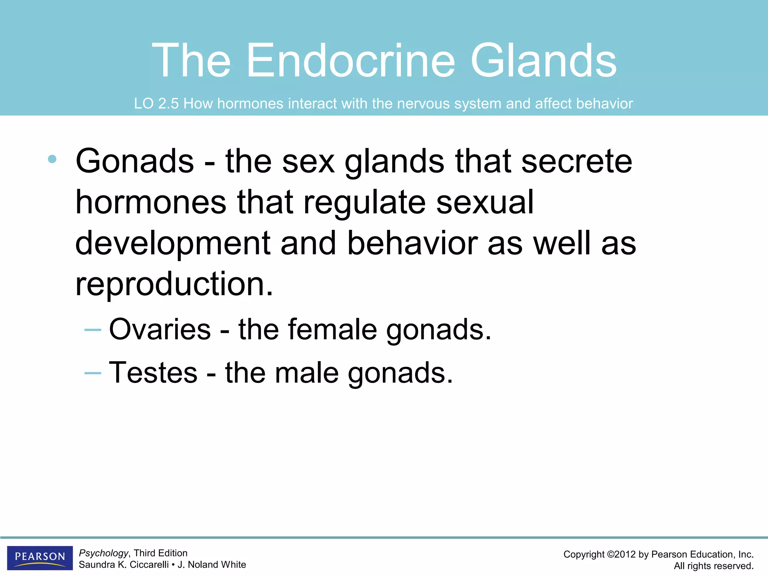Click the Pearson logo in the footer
[x=40, y=557]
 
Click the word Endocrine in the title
[x=351, y=61]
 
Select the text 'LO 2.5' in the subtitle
[x=156, y=104]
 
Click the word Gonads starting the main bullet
[x=135, y=161]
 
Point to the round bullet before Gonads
[x=52, y=159]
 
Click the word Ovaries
[x=160, y=330]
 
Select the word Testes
[x=153, y=373]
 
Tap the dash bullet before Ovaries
[x=93, y=330]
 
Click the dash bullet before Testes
[x=93, y=373]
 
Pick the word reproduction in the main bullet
[x=174, y=284]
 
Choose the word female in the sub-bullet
[x=332, y=330]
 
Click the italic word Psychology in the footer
[x=103, y=553]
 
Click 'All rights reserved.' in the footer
[x=713, y=566]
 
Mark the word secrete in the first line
[x=576, y=161]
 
